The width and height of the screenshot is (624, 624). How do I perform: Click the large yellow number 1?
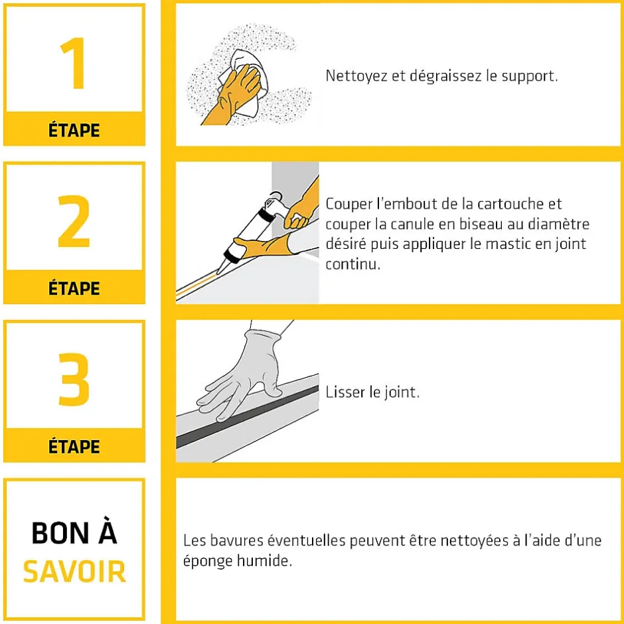pyautogui.click(x=73, y=63)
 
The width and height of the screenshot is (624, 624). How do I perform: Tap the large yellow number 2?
pyautogui.click(x=74, y=221)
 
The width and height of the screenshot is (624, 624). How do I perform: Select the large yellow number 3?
pyautogui.click(x=74, y=379)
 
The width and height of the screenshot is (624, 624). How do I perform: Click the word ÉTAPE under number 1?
pyautogui.click(x=74, y=130)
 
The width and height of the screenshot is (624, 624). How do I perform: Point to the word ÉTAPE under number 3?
pyautogui.click(x=74, y=446)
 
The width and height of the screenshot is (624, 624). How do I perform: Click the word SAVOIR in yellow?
pyautogui.click(x=74, y=572)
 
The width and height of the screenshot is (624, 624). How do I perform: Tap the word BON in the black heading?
pyautogui.click(x=60, y=533)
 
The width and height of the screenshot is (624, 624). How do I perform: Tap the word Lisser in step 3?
pyautogui.click(x=345, y=392)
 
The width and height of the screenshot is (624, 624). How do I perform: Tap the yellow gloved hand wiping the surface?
pyautogui.click(x=233, y=94)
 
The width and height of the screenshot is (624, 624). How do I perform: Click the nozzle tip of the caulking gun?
pyautogui.click(x=219, y=271)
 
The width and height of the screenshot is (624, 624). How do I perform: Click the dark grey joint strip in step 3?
pyautogui.click(x=248, y=416)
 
